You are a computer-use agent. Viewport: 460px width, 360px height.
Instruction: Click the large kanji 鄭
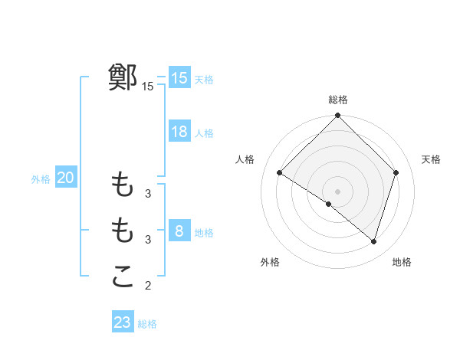123,77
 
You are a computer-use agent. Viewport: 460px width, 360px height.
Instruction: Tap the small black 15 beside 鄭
148,87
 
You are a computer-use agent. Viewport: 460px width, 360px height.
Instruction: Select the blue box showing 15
179,78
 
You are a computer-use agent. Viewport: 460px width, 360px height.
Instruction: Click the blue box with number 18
179,132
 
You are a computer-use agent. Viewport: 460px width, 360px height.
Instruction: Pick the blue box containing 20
65,178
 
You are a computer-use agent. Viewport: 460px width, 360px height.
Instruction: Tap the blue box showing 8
179,231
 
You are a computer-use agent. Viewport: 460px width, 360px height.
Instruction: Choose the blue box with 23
123,322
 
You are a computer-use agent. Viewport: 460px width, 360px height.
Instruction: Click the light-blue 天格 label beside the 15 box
204,80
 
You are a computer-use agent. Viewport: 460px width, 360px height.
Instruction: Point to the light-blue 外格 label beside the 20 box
41,179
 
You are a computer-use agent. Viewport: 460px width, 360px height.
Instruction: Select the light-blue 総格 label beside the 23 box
147,324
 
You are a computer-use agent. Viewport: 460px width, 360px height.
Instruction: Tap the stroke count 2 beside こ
148,286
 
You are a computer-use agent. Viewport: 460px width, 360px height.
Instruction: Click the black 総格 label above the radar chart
337,100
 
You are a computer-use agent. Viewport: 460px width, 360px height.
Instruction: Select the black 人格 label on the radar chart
245,159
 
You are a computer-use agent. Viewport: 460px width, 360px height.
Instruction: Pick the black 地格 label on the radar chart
402,262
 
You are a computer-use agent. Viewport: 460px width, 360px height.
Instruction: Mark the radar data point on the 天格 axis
396,172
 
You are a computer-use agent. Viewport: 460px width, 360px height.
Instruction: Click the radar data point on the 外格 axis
329,205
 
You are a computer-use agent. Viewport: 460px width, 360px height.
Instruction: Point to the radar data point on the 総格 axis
337,116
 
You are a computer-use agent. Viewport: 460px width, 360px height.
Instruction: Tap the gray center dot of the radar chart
337,191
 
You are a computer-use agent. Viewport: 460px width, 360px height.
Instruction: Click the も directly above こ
123,229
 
